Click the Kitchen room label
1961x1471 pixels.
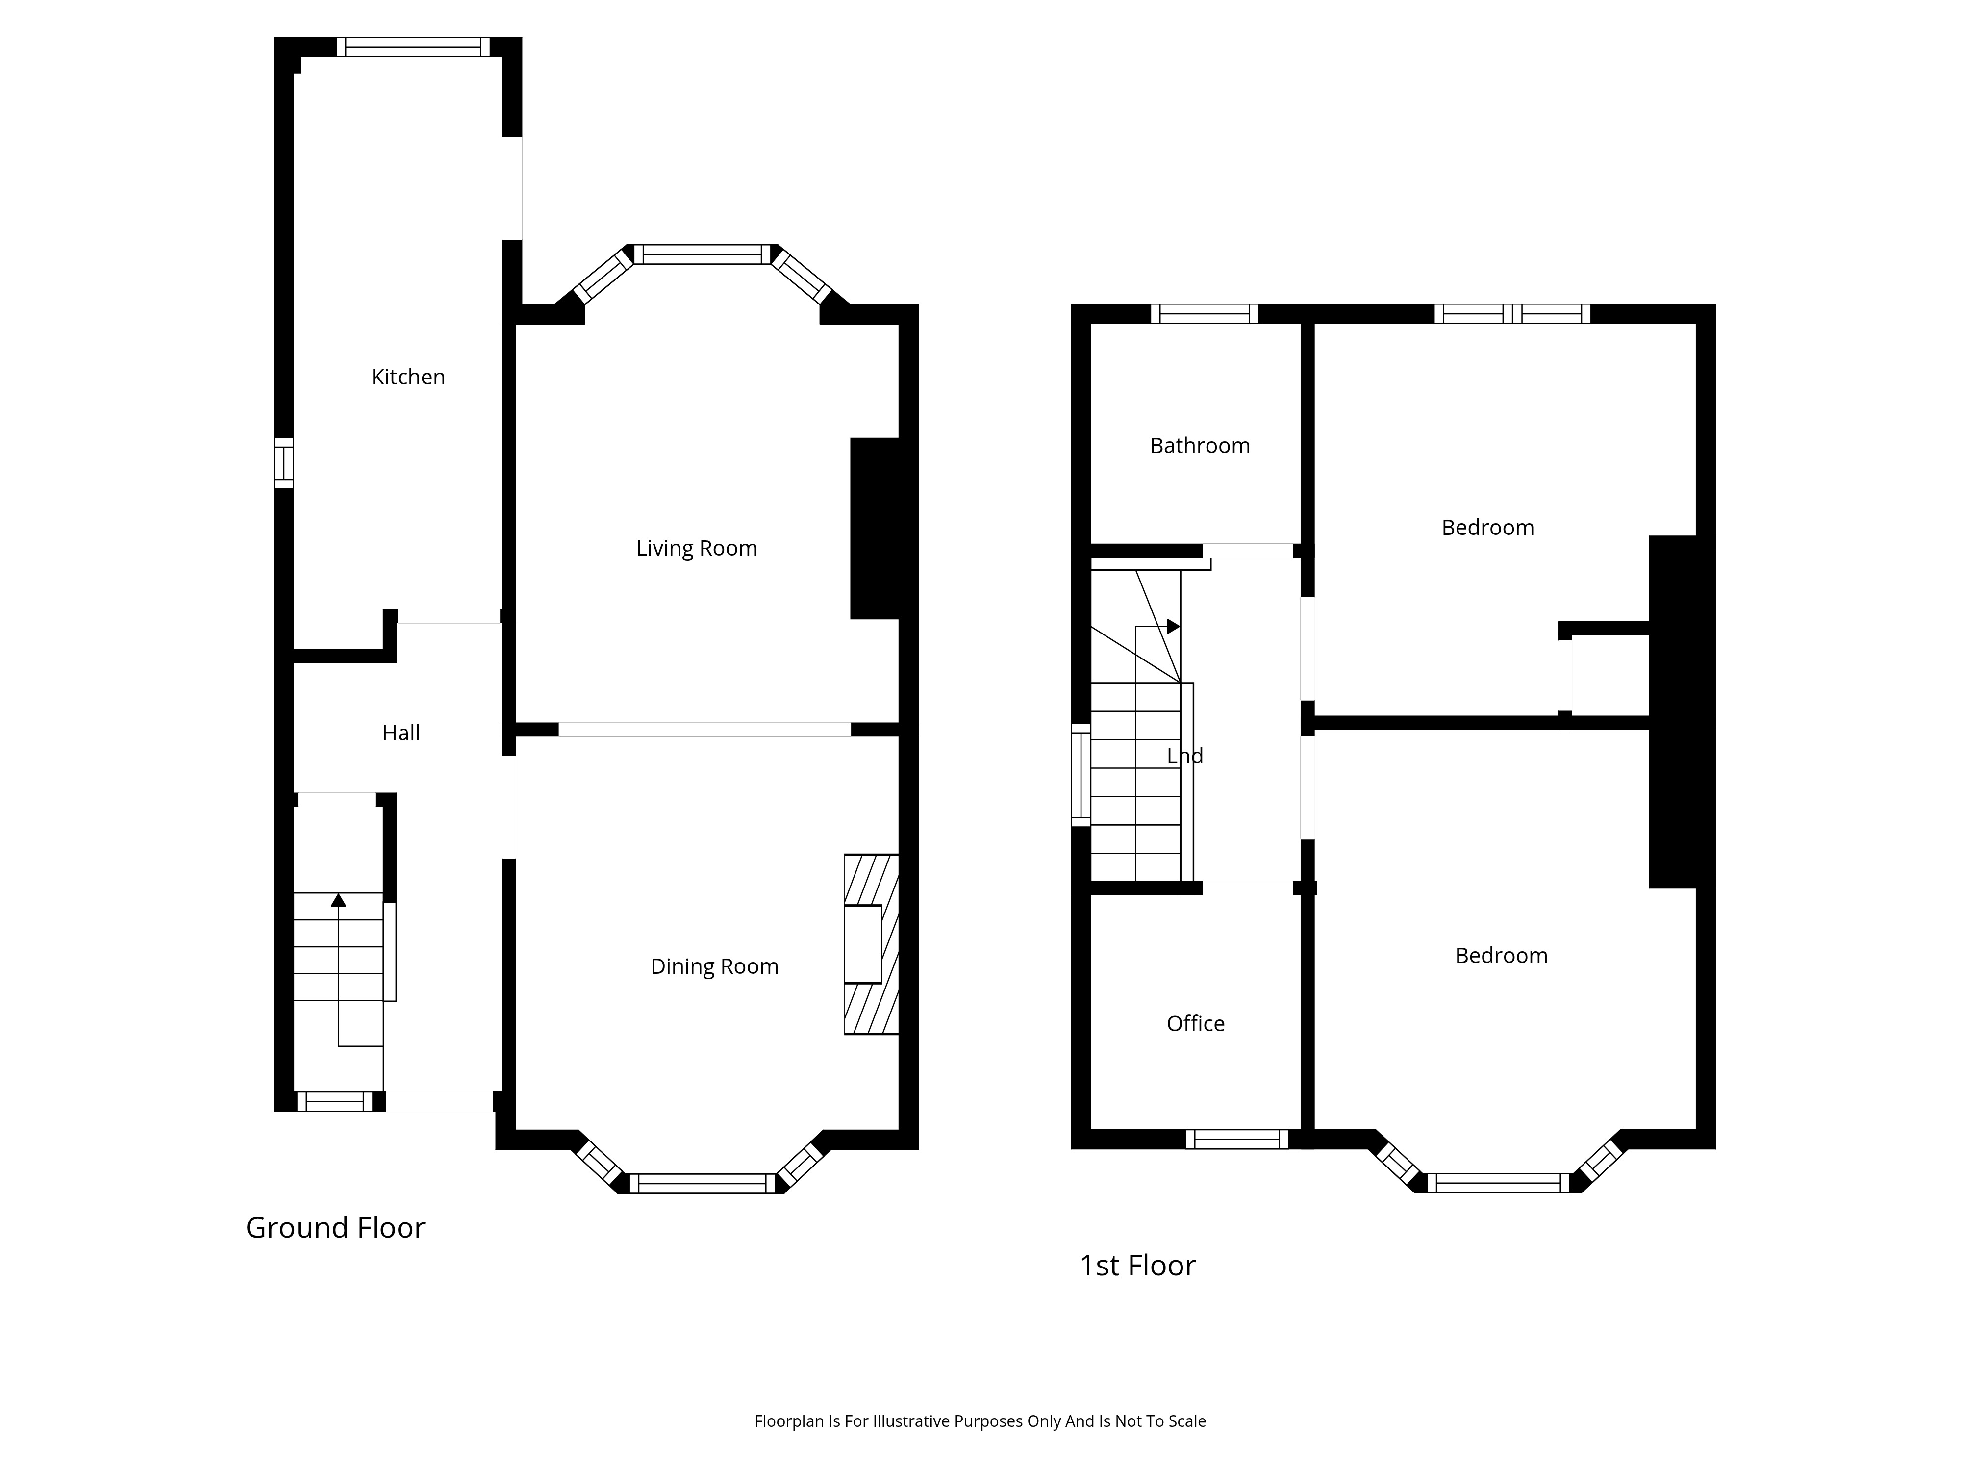click(408, 377)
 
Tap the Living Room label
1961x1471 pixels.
click(697, 548)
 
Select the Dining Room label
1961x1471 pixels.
click(715, 966)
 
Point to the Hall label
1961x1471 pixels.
click(401, 733)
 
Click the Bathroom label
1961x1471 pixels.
click(1200, 445)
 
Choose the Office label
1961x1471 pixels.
click(1195, 1023)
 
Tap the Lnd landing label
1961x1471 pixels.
click(1184, 756)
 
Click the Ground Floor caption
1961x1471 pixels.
click(335, 1227)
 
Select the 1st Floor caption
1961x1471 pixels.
click(1137, 1265)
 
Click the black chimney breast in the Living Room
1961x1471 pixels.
click(875, 529)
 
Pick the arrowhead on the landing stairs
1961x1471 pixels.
click(1173, 626)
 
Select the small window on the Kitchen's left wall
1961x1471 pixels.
click(283, 463)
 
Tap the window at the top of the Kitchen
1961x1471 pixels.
click(412, 47)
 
